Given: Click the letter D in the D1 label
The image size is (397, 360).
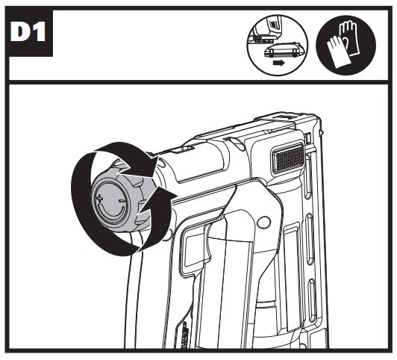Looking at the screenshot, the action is pos(21,32).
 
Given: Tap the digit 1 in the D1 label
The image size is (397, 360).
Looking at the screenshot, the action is pos(39,32).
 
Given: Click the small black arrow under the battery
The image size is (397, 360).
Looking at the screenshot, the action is pos(278,63).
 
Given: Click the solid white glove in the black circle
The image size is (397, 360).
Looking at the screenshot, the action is pos(337,52).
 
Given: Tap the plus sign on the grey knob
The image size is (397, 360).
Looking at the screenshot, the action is pos(100,198).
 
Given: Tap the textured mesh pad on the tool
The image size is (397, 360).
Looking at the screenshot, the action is pos(288,158).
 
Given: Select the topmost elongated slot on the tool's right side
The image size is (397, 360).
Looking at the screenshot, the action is pos(307,176).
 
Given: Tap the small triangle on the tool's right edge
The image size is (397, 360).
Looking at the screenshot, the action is pos(322,132).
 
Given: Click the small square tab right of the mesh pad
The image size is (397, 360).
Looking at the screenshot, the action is pos(308,138).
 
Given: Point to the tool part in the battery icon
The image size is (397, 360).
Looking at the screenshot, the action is pos(266,28).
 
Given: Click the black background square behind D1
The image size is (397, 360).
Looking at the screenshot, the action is pos(29,32).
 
